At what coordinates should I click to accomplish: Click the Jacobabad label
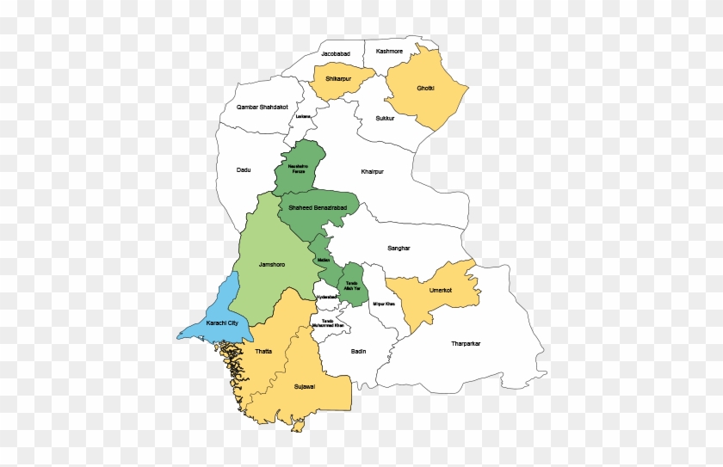(336, 54)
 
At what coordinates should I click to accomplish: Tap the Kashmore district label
(389, 51)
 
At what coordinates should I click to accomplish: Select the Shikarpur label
(338, 79)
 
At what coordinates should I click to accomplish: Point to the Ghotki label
(426, 89)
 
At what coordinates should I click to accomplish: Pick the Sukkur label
(385, 118)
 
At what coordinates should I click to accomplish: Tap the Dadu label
(244, 169)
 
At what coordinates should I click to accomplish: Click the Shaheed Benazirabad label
(317, 209)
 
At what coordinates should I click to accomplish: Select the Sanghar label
(399, 248)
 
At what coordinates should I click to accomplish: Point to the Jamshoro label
(271, 264)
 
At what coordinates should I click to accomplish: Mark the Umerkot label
(429, 292)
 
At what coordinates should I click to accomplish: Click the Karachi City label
(222, 323)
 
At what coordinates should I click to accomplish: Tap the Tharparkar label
(466, 344)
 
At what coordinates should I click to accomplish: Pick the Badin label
(359, 351)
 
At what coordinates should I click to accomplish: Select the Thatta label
(263, 352)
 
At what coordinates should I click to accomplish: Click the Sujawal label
(305, 387)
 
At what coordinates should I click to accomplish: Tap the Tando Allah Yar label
(351, 285)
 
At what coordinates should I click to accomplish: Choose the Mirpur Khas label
(384, 304)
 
